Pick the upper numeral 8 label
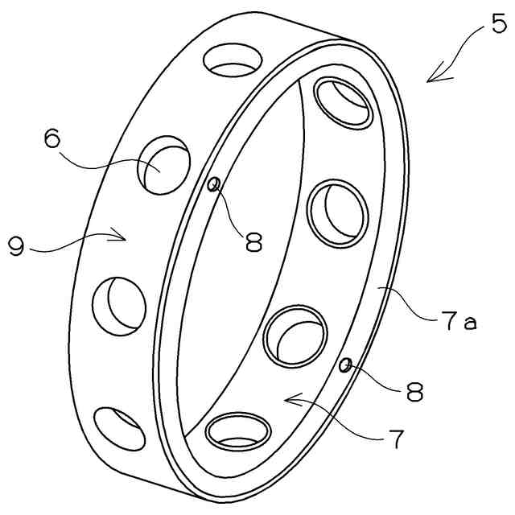pyautogui.click(x=254, y=242)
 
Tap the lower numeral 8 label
pyautogui.click(x=414, y=392)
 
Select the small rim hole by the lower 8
pyautogui.click(x=346, y=367)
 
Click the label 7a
pyautogui.click(x=459, y=323)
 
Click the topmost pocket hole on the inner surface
pyautogui.click(x=340, y=102)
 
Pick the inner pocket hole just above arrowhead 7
pyautogui.click(x=295, y=335)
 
